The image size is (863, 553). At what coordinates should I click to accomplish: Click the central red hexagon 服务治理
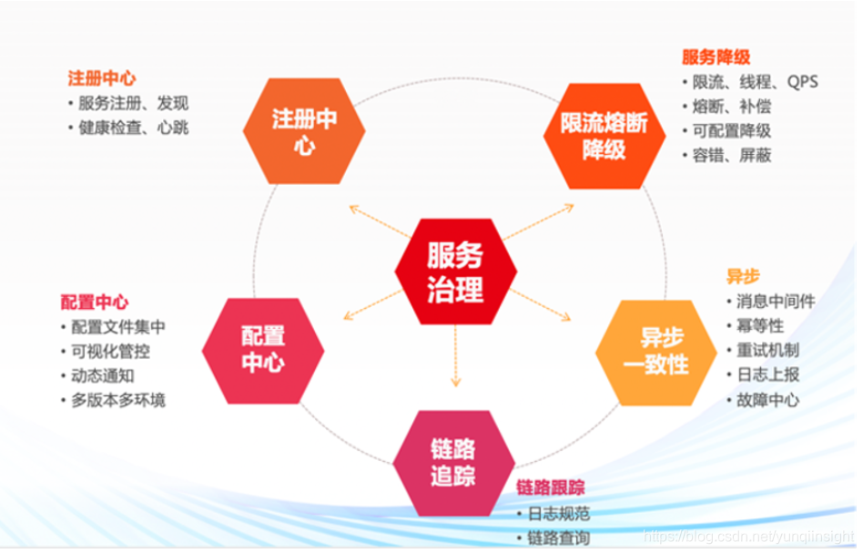(x=455, y=271)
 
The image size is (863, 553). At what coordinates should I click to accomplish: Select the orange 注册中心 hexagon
(x=305, y=131)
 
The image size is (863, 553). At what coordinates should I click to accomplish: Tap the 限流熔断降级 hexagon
(x=604, y=136)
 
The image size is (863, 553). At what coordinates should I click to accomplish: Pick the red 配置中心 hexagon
(x=263, y=350)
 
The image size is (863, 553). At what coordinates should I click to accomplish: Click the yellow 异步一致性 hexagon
(x=655, y=351)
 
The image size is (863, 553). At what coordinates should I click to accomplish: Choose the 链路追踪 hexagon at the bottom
(x=453, y=463)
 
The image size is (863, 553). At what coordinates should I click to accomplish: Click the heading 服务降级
(x=716, y=57)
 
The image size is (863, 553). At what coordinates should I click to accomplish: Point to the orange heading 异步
(x=743, y=276)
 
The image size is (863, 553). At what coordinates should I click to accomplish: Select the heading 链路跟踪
(x=551, y=487)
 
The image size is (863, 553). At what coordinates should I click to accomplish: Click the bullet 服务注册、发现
(x=133, y=104)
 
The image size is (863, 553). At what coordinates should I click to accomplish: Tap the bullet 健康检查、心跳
(x=133, y=128)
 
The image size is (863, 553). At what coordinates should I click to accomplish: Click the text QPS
(x=803, y=82)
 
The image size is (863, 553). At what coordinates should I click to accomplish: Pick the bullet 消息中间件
(x=775, y=301)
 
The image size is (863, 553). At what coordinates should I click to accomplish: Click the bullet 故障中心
(x=767, y=399)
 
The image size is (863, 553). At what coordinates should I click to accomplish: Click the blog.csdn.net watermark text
(x=748, y=536)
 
